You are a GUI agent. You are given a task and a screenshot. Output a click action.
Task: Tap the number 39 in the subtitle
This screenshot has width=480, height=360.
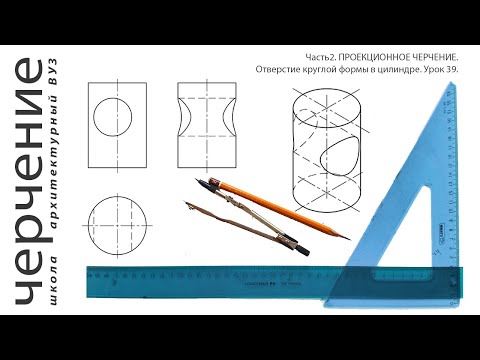[453, 70]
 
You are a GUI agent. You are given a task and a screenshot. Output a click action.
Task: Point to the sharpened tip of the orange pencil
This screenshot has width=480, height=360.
[349, 239]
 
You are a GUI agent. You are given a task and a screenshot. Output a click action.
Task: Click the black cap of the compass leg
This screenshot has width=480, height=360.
[303, 249]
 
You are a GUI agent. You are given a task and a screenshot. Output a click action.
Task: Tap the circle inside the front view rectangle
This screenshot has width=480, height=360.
[112, 117]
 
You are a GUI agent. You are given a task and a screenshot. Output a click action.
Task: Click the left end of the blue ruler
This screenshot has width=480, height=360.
[87, 282]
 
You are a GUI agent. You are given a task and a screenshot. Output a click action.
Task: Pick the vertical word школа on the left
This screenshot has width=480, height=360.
[53, 280]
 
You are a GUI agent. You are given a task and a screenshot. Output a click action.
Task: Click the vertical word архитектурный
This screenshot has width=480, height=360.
[53, 163]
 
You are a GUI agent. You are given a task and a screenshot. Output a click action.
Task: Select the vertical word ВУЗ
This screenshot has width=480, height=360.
[53, 72]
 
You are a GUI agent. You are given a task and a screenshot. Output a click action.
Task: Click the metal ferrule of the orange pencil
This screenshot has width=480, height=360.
[215, 183]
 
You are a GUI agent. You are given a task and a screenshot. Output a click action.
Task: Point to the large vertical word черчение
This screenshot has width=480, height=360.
[29, 182]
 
